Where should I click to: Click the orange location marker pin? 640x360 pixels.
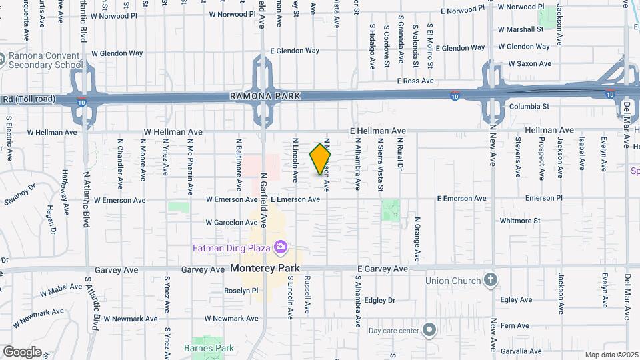(x=321, y=159)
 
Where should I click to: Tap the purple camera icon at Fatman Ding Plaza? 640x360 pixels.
(x=281, y=248)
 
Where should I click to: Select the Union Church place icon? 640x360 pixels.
(x=490, y=279)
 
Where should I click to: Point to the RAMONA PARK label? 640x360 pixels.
(x=265, y=96)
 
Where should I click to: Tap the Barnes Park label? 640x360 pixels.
(x=209, y=348)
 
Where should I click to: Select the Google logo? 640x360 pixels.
(x=22, y=351)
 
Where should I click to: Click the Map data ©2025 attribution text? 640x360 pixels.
(x=611, y=355)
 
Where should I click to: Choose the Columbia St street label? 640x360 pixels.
(x=529, y=106)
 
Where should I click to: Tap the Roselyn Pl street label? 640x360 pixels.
(x=241, y=291)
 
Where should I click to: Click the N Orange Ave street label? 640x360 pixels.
(x=417, y=238)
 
